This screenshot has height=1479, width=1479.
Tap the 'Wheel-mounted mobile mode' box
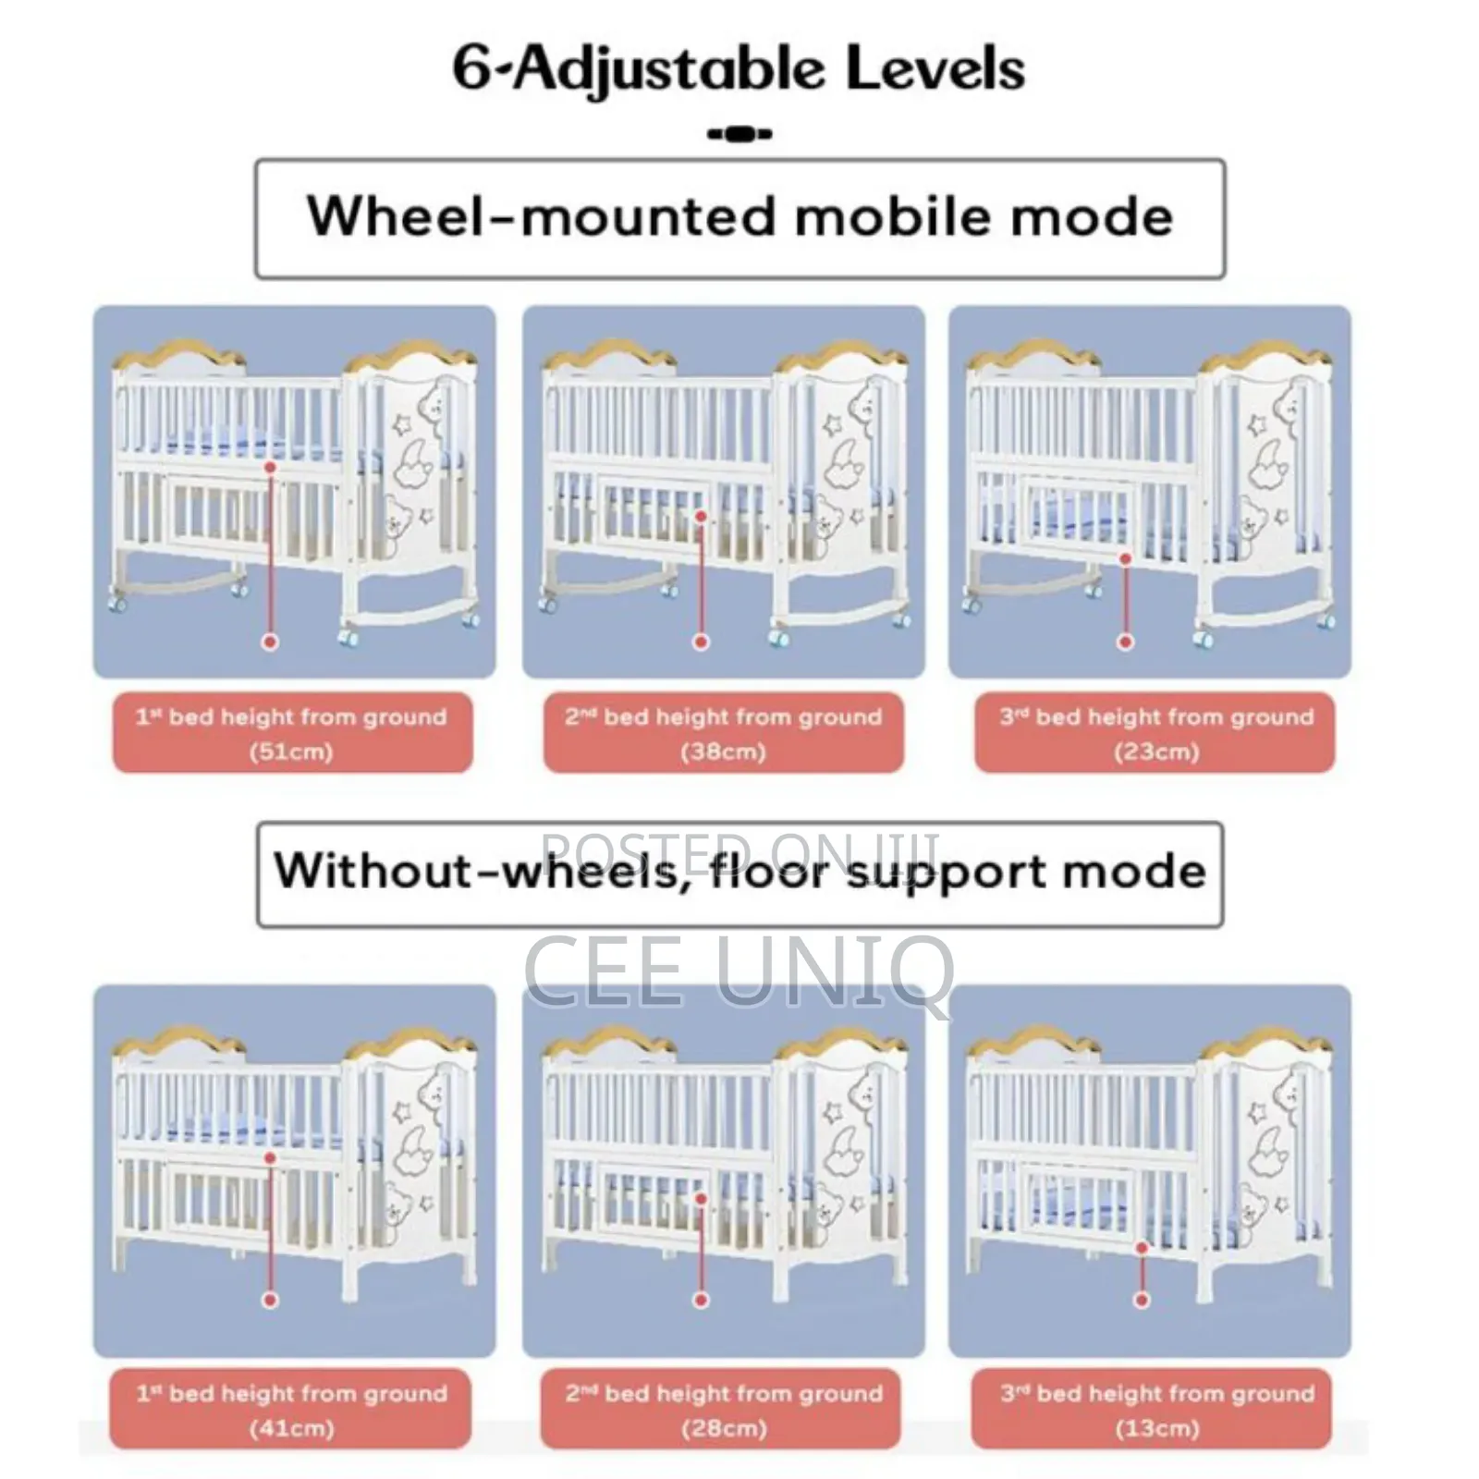(739, 219)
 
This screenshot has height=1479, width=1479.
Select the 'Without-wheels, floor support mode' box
(739, 874)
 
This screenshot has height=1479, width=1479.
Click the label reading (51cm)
(291, 752)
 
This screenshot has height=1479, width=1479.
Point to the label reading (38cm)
(724, 752)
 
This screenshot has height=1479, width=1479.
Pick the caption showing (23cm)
(1156, 752)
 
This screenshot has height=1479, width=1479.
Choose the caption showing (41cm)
(291, 1428)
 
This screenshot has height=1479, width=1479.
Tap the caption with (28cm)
(724, 1428)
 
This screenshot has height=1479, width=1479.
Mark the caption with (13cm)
(1156, 1428)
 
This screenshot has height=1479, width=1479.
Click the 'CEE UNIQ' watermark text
(739, 972)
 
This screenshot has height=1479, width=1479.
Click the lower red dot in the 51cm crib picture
(270, 642)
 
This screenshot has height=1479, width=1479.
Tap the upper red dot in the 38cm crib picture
(701, 517)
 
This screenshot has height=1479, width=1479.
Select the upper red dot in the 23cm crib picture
(1125, 558)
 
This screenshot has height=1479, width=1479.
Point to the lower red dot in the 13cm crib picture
(1142, 1300)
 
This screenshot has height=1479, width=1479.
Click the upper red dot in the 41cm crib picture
(270, 1157)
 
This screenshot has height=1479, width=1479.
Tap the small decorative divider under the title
(739, 135)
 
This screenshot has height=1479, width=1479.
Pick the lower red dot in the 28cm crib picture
(701, 1300)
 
